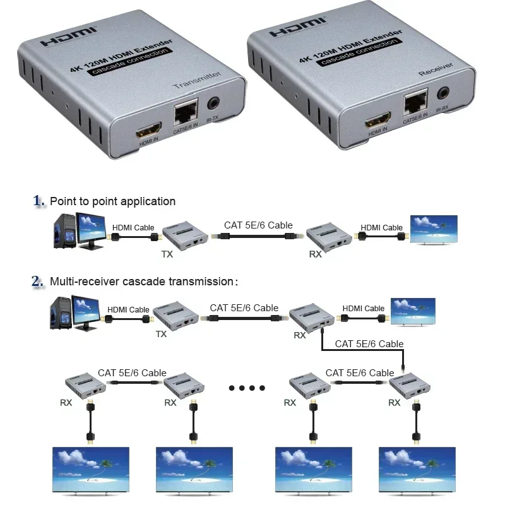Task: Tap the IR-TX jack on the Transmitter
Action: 215,102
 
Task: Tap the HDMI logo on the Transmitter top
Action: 69,37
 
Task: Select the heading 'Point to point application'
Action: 112,201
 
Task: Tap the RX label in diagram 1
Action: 316,254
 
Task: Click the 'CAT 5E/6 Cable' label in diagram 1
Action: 258,225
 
